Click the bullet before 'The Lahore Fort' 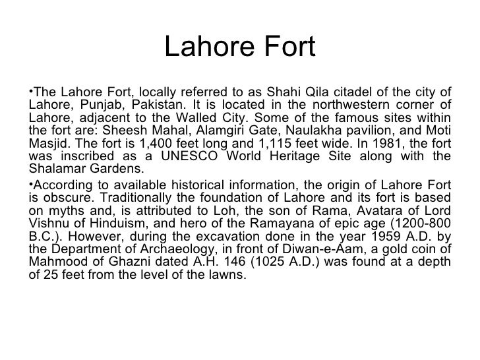[32, 91]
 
